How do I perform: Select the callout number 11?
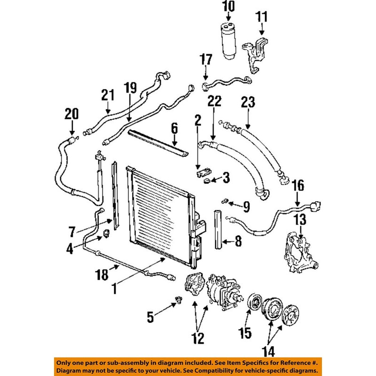point(261,17)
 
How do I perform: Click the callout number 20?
point(72,114)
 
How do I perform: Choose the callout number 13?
point(300,219)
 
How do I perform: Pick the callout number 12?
point(198,337)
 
